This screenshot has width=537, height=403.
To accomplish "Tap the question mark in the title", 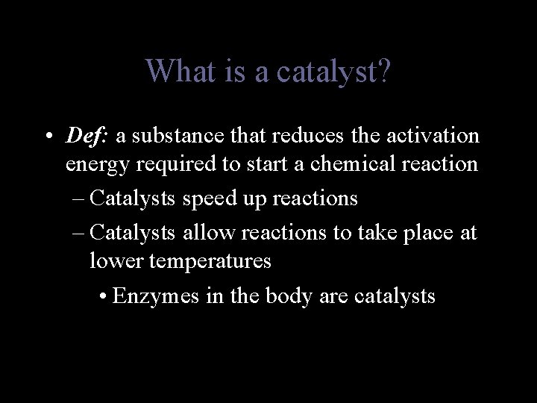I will pyautogui.click(x=383, y=72).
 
